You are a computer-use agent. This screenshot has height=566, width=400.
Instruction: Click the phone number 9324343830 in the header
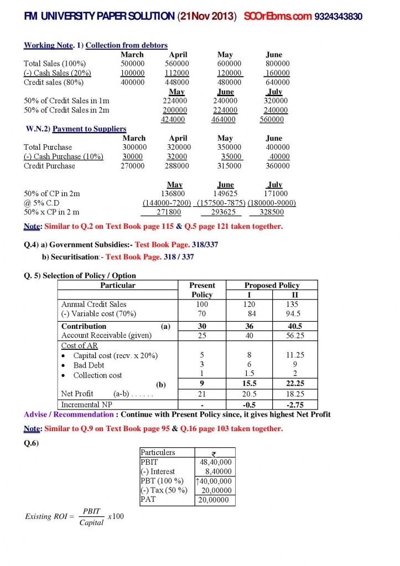[x=338, y=17]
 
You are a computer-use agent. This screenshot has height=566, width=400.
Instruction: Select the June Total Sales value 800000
[x=277, y=64]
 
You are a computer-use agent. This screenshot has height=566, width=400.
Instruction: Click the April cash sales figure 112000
[x=178, y=73]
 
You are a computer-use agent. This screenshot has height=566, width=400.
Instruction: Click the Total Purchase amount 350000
[x=226, y=147]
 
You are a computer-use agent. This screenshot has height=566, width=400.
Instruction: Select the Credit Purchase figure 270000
[x=133, y=166]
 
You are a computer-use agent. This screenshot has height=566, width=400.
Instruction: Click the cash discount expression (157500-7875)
[x=221, y=203]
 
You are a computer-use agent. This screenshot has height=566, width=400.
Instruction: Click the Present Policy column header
[x=202, y=290]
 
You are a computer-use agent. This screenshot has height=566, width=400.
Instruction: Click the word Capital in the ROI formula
[x=91, y=523]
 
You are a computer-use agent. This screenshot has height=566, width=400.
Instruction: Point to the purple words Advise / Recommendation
[x=69, y=415]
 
